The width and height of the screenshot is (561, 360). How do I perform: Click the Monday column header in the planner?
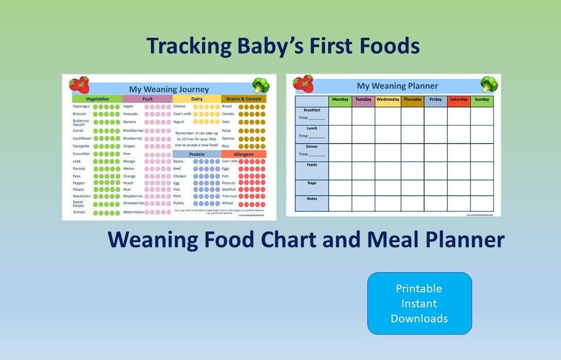tap(340, 100)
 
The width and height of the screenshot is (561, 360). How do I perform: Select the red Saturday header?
tap(459, 100)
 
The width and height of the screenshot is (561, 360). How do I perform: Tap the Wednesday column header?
tap(388, 100)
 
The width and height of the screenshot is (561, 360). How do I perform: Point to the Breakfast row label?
tap(312, 110)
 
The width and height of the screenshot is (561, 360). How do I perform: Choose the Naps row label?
tap(312, 183)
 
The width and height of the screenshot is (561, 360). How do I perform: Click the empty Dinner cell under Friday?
tap(435, 152)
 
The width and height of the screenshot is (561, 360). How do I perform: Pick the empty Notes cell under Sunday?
tap(482, 203)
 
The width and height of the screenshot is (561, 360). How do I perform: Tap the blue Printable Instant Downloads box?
tap(419, 303)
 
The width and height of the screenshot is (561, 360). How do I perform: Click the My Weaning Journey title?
tap(169, 89)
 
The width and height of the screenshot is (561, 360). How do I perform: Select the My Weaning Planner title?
tap(397, 86)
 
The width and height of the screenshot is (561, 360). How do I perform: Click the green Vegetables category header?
tap(97, 99)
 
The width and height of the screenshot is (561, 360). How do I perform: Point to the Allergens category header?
tap(243, 154)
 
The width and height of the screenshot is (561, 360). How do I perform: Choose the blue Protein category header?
tap(197, 154)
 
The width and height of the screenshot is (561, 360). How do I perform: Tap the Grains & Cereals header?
tap(243, 99)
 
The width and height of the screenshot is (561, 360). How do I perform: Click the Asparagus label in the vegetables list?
tap(82, 106)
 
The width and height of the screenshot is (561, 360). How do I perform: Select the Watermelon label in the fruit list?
tap(133, 212)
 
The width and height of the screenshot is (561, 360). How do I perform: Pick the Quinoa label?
tap(228, 139)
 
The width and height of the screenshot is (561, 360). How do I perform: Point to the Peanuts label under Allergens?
tap(229, 183)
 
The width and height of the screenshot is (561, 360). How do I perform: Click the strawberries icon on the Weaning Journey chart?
tap(79, 85)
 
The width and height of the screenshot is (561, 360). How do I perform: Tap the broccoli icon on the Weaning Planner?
tap(489, 84)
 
